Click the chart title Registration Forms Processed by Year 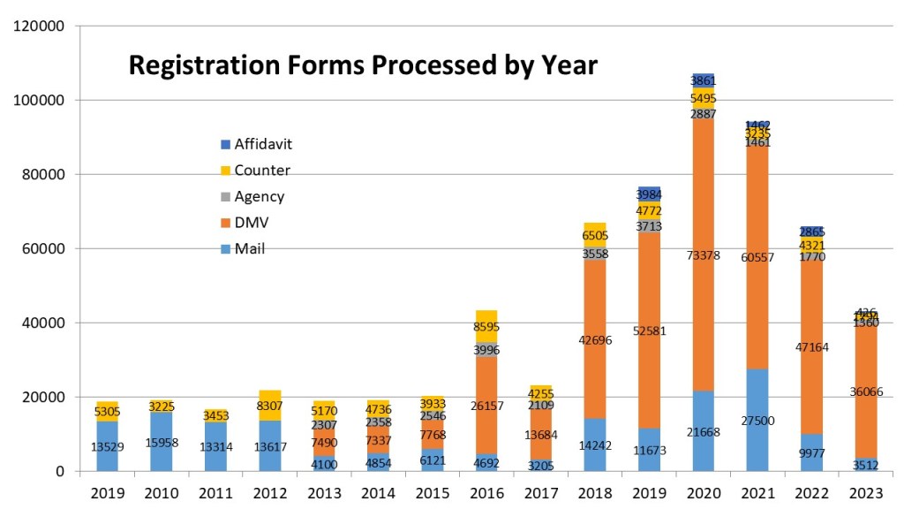coord(363,65)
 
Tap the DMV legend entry coord(248,223)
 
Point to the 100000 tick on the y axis coord(43,101)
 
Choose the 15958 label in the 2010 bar coord(161,443)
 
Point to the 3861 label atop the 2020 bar coord(703,80)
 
